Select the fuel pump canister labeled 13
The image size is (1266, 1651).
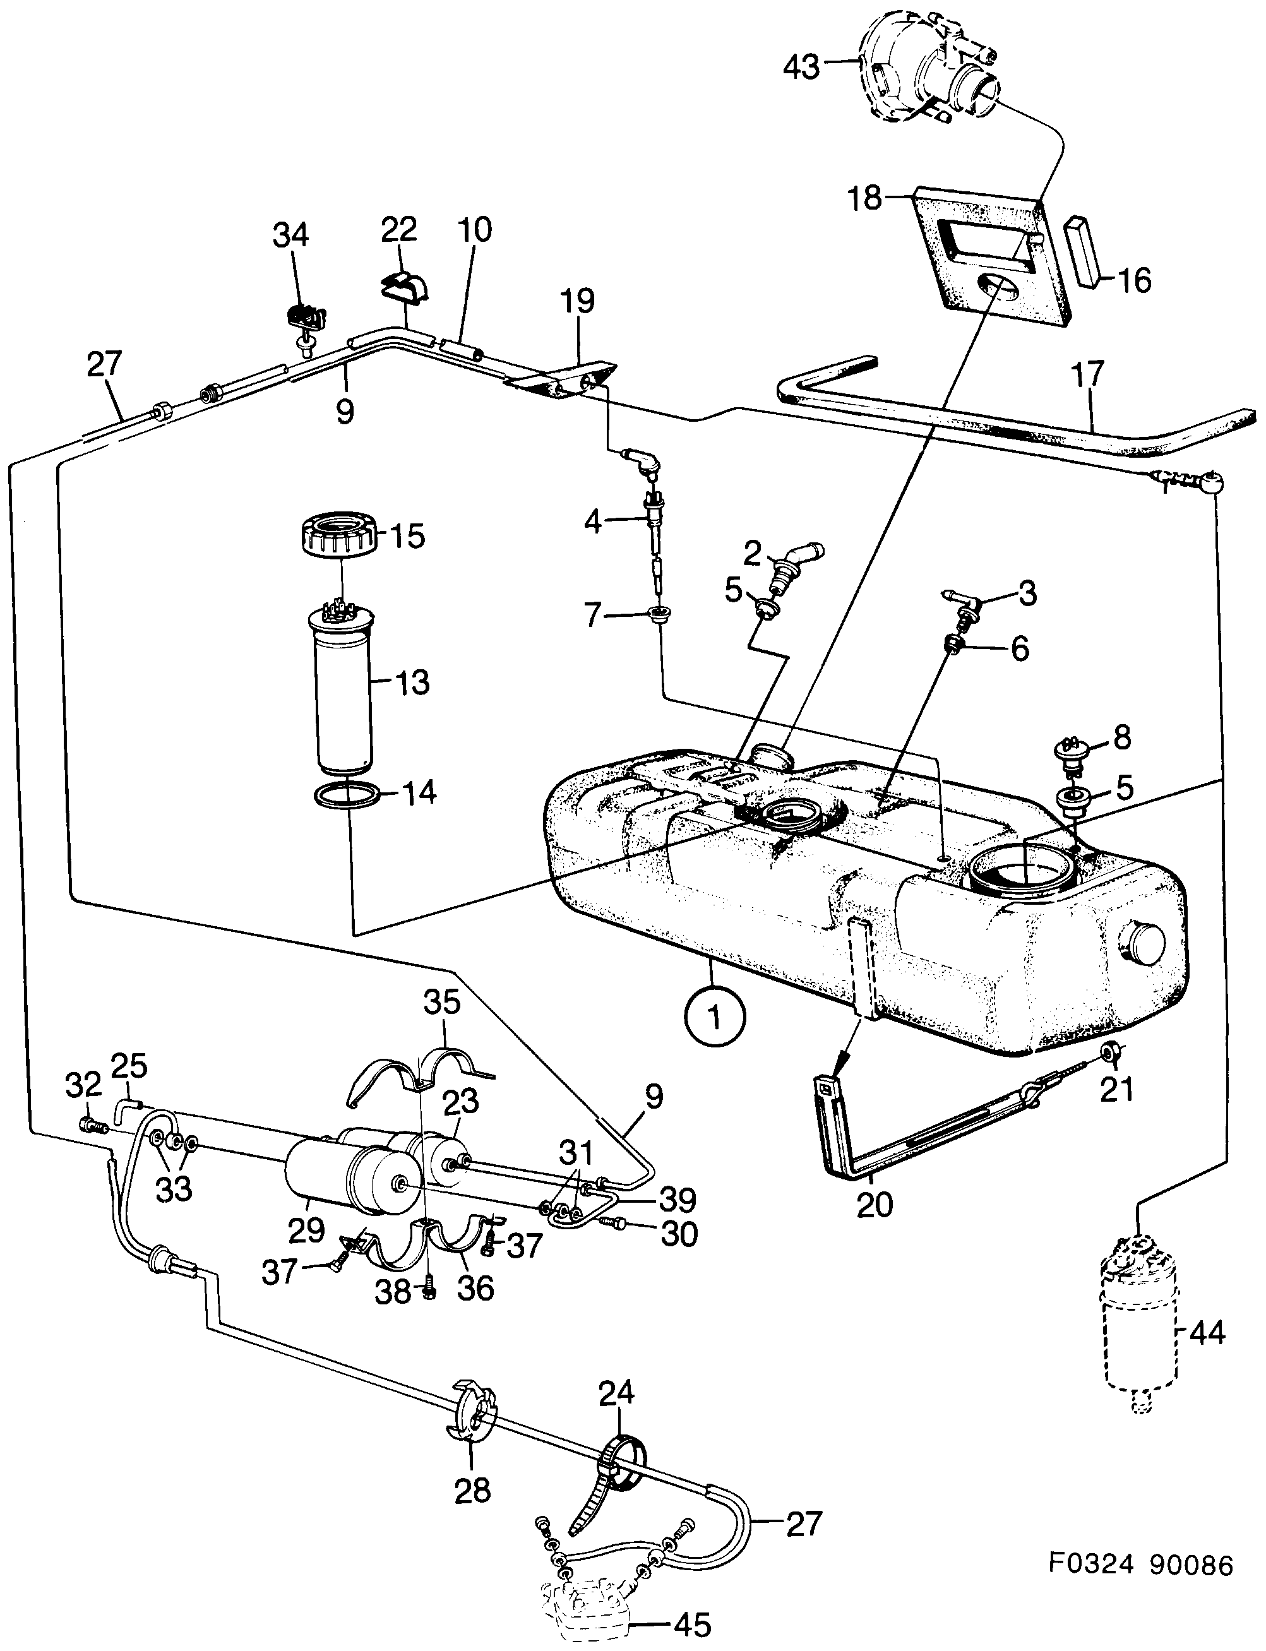pos(342,693)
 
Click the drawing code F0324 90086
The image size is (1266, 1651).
pos(1141,1565)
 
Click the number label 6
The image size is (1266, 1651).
pos(1020,648)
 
